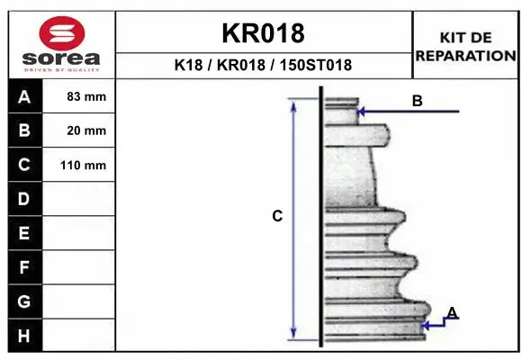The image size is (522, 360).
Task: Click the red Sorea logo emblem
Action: [x=62, y=33]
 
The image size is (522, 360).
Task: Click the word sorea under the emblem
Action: [x=61, y=58]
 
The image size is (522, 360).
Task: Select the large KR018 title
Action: [x=263, y=33]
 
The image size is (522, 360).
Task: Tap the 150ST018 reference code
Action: [x=316, y=65]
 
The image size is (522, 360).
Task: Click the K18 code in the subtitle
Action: [x=188, y=65]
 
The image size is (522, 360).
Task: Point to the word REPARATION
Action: [x=465, y=56]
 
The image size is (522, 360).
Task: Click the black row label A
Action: [x=24, y=96]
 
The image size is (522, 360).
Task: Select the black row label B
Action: [x=24, y=130]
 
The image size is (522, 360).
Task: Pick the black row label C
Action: [x=24, y=165]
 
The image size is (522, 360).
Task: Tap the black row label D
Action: [x=24, y=199]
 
